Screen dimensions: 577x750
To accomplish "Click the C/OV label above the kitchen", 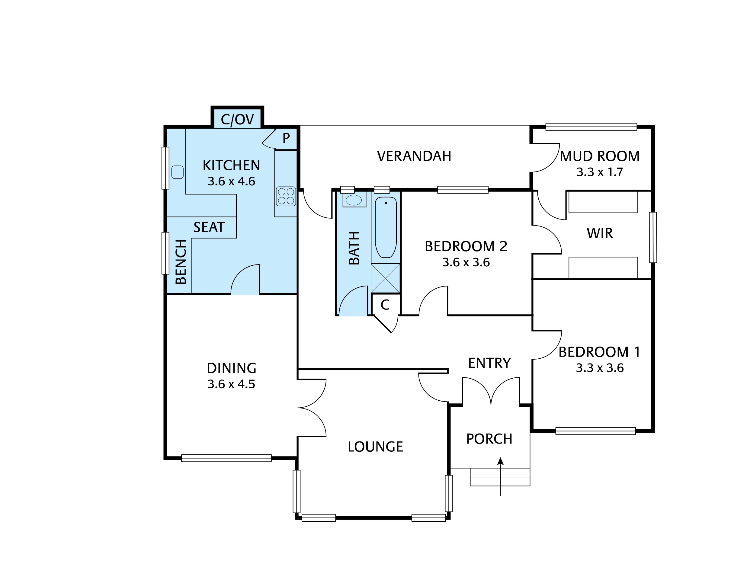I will click(237, 120).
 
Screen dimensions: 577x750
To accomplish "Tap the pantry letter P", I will click(286, 138).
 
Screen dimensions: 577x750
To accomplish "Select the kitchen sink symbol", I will click(177, 172).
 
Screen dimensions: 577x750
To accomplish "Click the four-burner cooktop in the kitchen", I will click(286, 196).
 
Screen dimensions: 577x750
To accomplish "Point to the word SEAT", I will click(209, 227).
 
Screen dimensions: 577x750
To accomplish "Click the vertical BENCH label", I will click(181, 262).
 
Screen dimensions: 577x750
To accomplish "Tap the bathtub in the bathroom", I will click(386, 227).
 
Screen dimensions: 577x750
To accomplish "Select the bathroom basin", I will click(353, 200).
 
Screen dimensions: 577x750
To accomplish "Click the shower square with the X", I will click(385, 278).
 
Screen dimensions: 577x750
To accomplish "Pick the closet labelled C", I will click(385, 305).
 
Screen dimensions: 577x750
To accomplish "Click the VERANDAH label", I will click(414, 156).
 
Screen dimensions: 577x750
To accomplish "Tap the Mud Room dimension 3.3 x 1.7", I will click(599, 172).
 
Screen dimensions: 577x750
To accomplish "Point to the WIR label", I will click(600, 233).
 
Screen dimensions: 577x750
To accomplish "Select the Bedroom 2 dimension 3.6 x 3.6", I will click(466, 262).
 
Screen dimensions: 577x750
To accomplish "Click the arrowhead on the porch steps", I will click(500, 461).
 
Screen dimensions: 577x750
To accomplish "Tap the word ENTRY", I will click(489, 363).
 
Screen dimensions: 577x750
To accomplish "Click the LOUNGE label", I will click(375, 447).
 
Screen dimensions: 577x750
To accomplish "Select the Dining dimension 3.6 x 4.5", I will click(231, 384).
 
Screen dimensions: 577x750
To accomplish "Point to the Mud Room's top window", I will click(591, 127).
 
